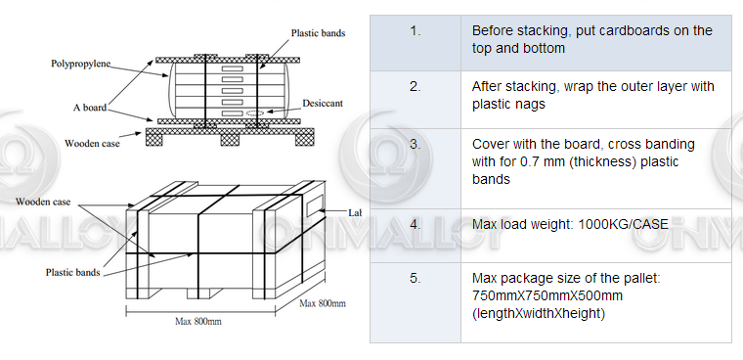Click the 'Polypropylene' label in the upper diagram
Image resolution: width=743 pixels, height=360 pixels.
pos(81,65)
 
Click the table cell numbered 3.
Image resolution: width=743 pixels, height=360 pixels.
pos(415,144)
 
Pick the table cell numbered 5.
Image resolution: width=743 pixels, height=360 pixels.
pos(415,279)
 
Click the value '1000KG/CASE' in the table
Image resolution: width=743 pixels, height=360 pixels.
pos(620,224)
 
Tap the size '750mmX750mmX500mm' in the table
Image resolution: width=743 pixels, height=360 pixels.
pos(547,295)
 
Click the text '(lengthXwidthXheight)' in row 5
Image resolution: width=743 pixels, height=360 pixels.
pos(539,313)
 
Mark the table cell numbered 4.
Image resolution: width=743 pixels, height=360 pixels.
pos(415,224)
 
